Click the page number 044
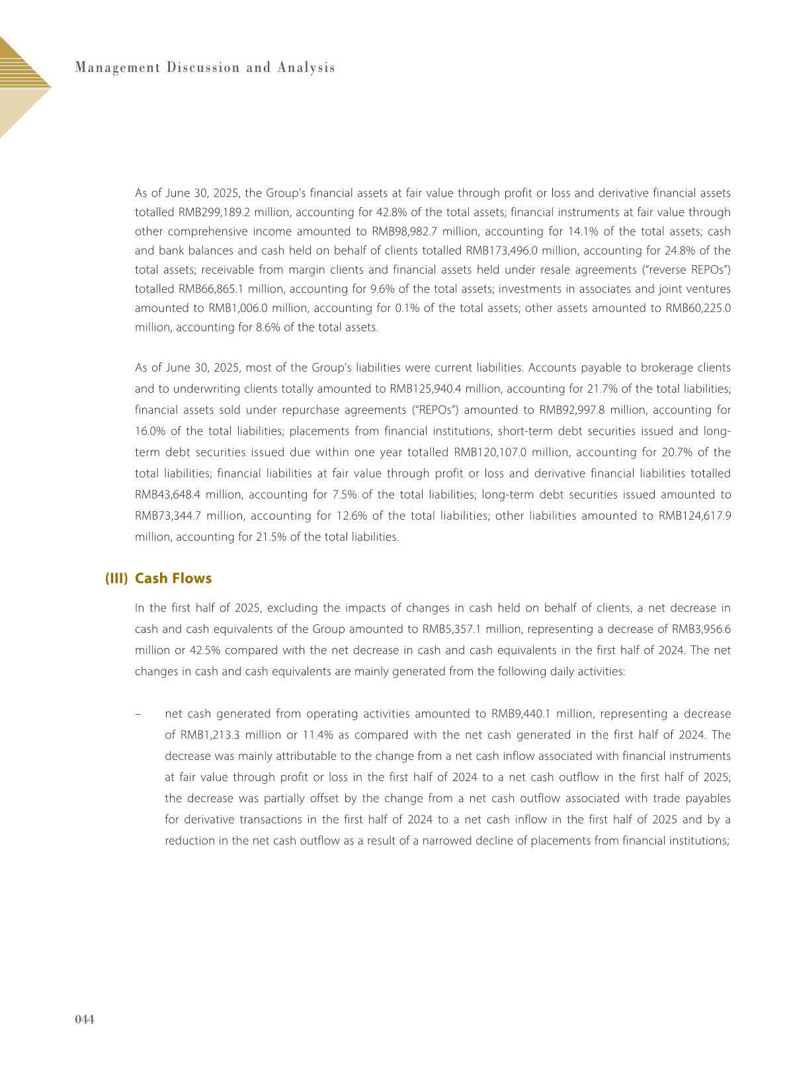point(85,1019)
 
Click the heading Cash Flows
point(173,579)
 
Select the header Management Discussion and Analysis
point(205,67)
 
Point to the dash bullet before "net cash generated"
point(138,714)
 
